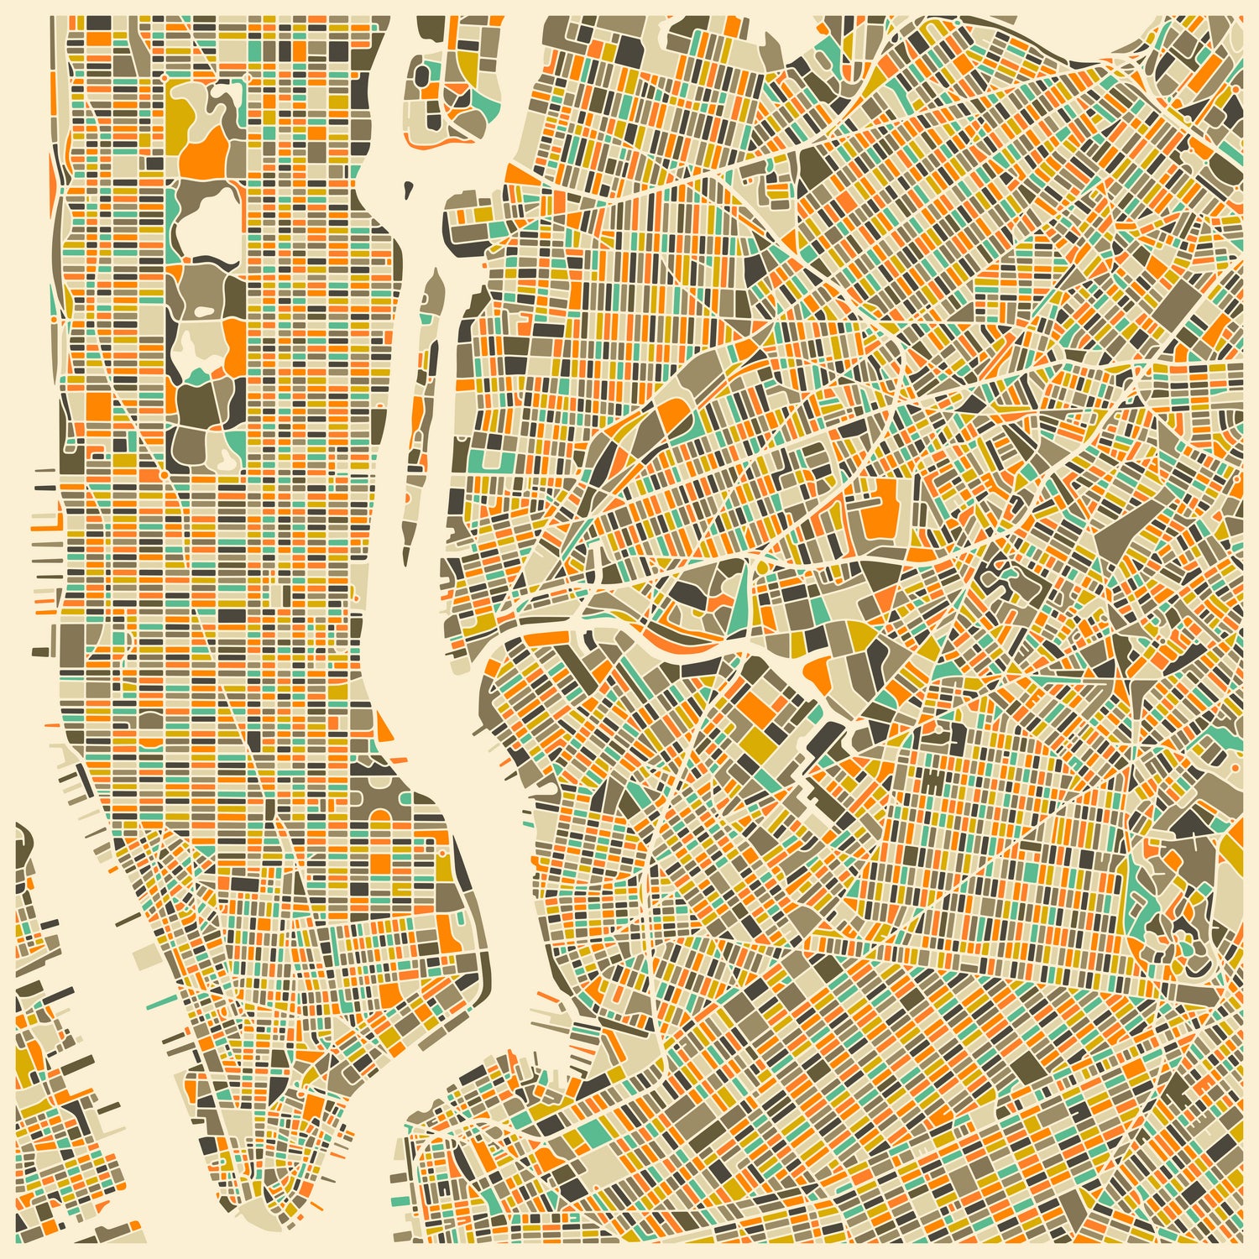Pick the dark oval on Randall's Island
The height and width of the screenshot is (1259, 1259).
(424, 74)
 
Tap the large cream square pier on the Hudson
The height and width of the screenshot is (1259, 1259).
(144, 955)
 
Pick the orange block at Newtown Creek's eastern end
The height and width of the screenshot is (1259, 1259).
(817, 672)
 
